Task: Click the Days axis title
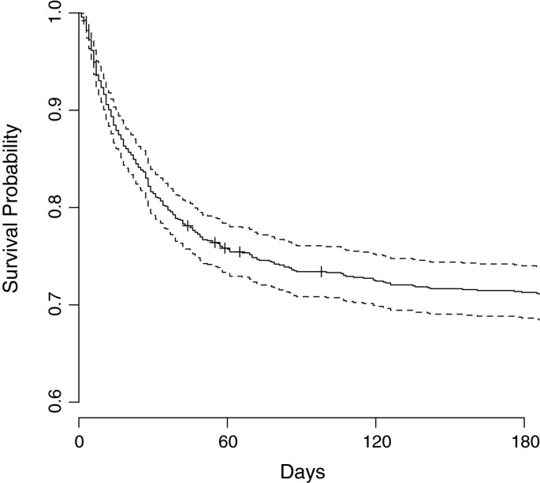tap(302, 470)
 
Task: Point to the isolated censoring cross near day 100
tap(322, 272)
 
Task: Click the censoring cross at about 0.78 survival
tap(188, 225)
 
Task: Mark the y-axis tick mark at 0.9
tap(75, 111)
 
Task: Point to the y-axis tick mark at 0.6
tap(75, 402)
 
